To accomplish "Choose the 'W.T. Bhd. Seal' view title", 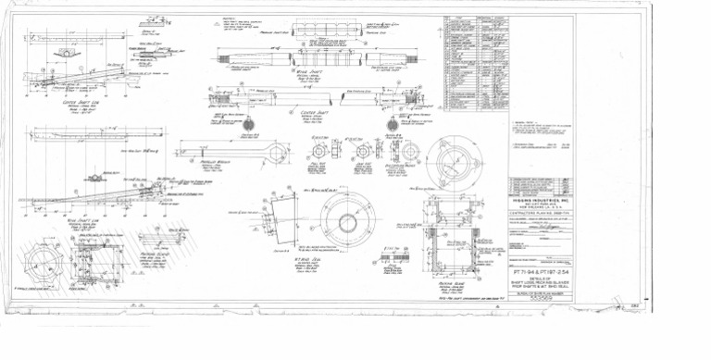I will coord(320,257).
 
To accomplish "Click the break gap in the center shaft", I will coord(329,97).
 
